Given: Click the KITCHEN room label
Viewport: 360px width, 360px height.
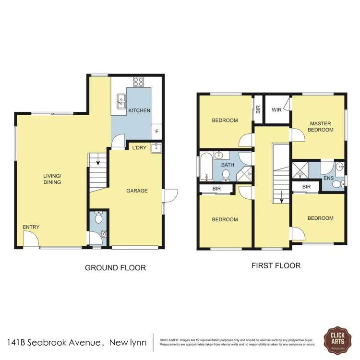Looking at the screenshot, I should (139, 110).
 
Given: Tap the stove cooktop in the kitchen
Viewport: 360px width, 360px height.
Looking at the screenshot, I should (139, 82).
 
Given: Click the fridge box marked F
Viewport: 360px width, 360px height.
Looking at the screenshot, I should (156, 131).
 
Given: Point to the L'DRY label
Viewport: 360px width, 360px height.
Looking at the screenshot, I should (139, 148).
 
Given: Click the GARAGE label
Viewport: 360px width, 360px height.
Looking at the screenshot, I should (137, 191).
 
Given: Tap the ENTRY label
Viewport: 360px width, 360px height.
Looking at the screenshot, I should (31, 227).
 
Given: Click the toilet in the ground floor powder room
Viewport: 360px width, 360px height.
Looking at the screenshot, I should (98, 219).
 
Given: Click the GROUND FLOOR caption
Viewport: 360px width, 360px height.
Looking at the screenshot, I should (115, 268).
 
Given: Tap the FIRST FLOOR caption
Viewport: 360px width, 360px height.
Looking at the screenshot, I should (276, 265).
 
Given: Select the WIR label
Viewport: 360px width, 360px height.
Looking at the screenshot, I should (276, 110).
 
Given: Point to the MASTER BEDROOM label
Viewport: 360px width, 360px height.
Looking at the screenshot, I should (321, 126).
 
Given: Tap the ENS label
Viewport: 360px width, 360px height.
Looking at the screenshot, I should (328, 178).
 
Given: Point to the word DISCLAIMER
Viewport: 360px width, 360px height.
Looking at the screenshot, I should (169, 339).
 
